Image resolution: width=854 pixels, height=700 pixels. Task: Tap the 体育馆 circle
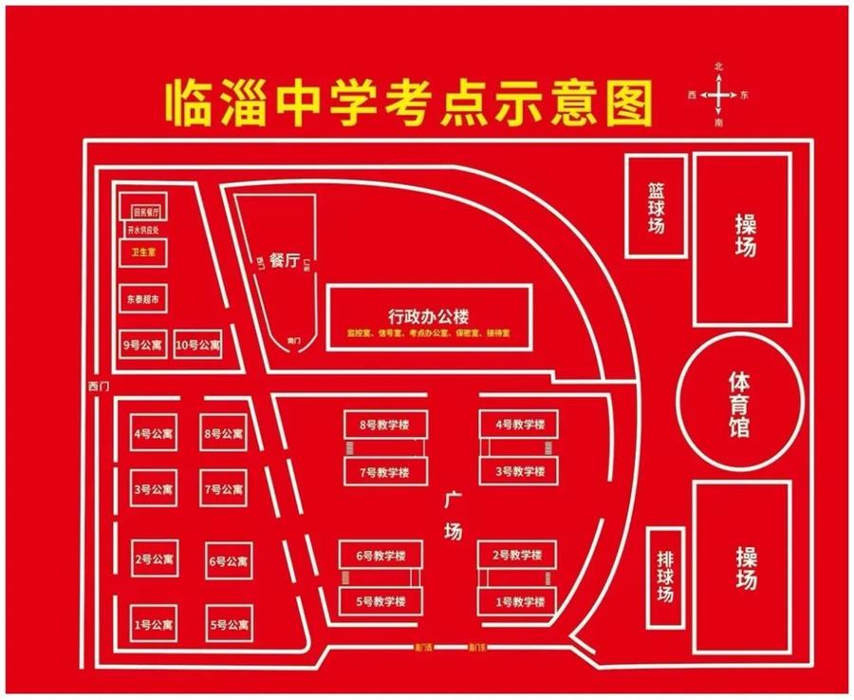click(738, 404)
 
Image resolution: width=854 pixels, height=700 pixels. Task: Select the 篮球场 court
click(656, 204)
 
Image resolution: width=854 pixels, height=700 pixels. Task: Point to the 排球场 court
click(666, 576)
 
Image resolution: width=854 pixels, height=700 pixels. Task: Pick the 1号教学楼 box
click(517, 601)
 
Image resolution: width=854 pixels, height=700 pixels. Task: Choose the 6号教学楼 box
click(381, 555)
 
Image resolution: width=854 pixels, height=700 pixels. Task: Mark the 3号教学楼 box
click(518, 471)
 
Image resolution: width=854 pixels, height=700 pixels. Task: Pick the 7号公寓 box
click(224, 489)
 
